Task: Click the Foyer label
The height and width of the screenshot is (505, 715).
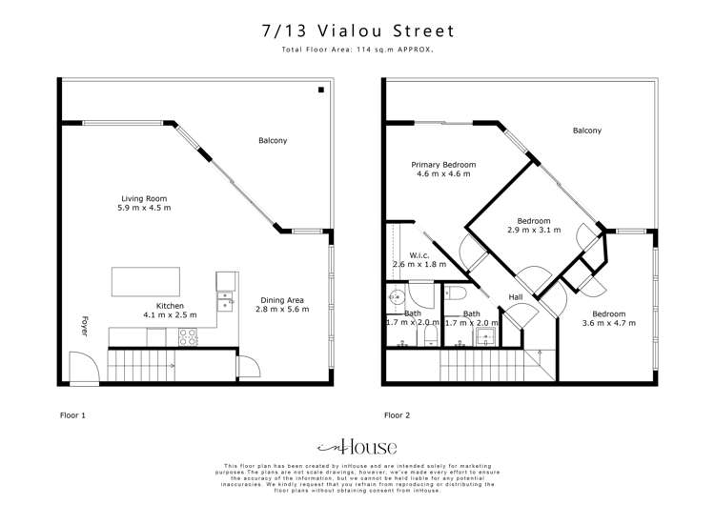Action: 83,327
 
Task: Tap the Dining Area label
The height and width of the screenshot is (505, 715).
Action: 282,299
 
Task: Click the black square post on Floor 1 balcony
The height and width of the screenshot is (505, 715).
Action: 321,91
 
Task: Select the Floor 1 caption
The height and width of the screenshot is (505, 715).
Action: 73,415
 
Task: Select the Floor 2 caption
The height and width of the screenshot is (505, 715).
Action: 398,415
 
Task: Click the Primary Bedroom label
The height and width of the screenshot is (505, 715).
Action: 443,165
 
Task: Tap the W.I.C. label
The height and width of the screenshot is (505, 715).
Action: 419,254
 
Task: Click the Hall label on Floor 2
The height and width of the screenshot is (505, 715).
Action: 516,297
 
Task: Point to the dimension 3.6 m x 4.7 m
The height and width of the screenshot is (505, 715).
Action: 608,324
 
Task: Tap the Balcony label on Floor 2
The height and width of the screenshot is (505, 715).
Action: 586,131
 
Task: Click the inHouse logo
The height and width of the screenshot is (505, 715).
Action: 357,447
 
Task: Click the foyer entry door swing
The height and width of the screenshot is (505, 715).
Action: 83,363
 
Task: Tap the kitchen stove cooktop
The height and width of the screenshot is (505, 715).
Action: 187,336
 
